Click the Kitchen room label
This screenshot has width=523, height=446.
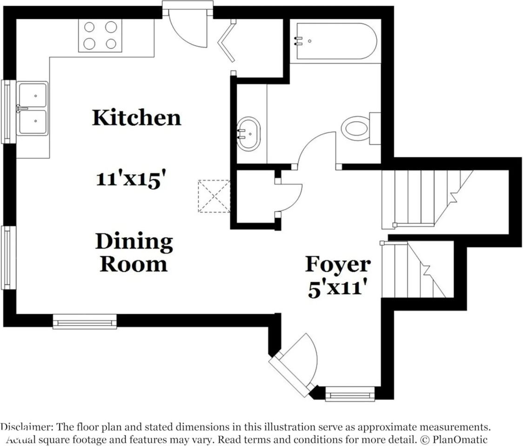[x=136, y=118]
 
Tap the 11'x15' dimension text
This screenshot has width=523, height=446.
[x=131, y=179]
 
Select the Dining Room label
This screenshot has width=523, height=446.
[x=134, y=253]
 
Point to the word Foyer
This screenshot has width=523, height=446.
[x=338, y=264]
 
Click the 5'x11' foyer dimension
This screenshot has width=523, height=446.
[x=335, y=289]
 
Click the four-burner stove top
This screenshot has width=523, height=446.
[x=100, y=35]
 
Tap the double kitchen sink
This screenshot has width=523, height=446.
[x=32, y=109]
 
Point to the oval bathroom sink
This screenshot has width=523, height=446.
[x=248, y=134]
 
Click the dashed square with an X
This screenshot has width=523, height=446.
[x=214, y=196]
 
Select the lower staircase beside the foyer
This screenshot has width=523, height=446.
[x=412, y=269]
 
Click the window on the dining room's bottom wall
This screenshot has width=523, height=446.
[x=84, y=321]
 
